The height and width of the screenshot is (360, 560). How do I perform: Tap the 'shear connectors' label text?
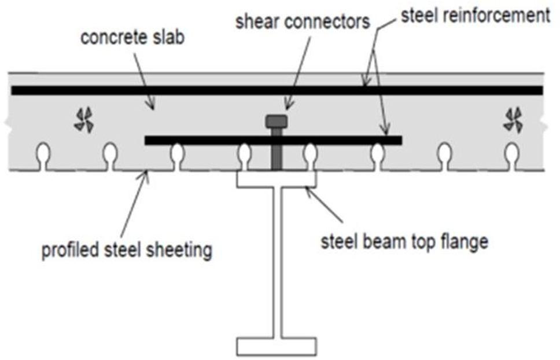302,21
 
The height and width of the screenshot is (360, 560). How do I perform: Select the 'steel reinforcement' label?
475,15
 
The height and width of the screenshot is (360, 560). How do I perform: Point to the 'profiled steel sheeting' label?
127,251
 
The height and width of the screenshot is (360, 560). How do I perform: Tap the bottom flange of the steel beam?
277,346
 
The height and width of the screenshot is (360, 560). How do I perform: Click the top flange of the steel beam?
277,180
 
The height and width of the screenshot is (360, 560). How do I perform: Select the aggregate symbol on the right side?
512,120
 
